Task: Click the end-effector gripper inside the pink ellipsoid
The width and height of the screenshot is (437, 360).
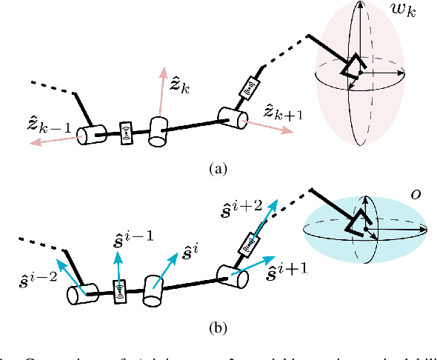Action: coord(352,67)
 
